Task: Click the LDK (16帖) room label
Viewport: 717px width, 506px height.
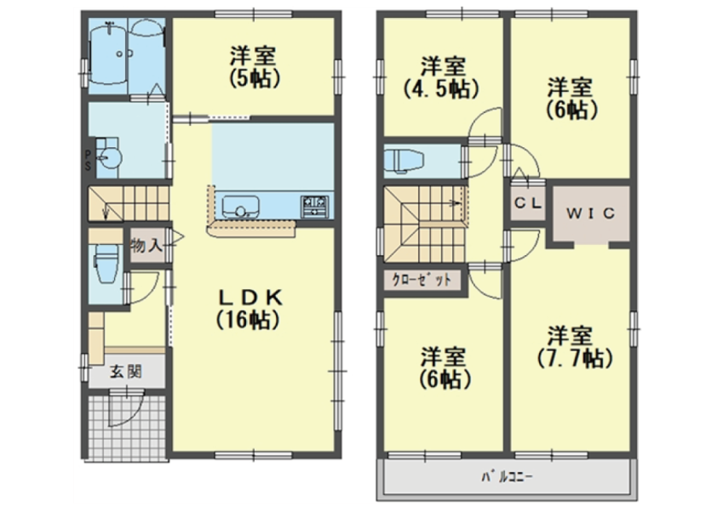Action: [x=250, y=309]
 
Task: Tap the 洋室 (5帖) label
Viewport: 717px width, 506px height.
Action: [x=253, y=67]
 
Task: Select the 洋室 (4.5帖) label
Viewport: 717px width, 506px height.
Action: [x=443, y=77]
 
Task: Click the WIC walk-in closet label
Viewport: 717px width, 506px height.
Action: [x=590, y=213]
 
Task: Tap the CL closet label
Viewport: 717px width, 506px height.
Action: [x=528, y=202]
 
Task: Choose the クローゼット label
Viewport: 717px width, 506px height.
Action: [x=422, y=279]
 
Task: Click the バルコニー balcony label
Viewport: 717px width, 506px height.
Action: [x=508, y=477]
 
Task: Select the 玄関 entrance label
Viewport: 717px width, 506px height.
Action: [x=125, y=372]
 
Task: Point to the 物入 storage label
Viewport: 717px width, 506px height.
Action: [x=146, y=246]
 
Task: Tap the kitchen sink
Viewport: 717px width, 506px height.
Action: [x=240, y=207]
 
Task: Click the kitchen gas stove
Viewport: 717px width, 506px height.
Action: [x=314, y=207]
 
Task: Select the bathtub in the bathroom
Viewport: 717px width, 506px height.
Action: [x=107, y=54]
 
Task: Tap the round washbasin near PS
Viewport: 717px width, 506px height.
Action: [x=108, y=158]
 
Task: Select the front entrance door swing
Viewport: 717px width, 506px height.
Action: [x=126, y=409]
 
